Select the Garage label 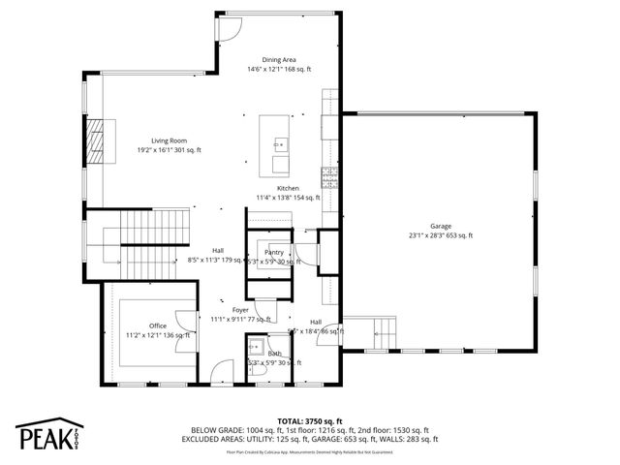coord(441,226)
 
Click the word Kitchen coord(288,188)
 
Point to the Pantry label coord(274,252)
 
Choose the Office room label coord(158,325)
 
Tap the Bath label coord(274,354)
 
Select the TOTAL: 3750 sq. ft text coord(310,421)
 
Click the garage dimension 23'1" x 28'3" coord(441,235)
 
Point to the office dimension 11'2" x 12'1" coord(158,335)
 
